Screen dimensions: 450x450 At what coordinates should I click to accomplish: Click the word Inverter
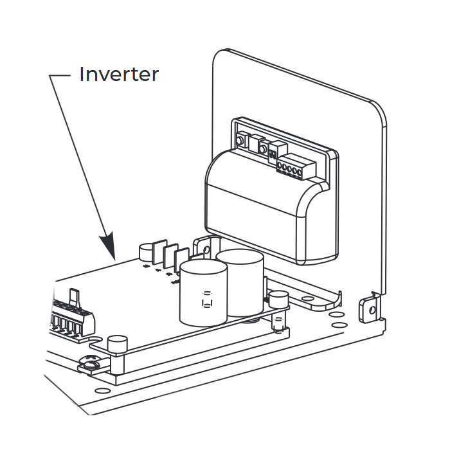[x=118, y=75]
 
